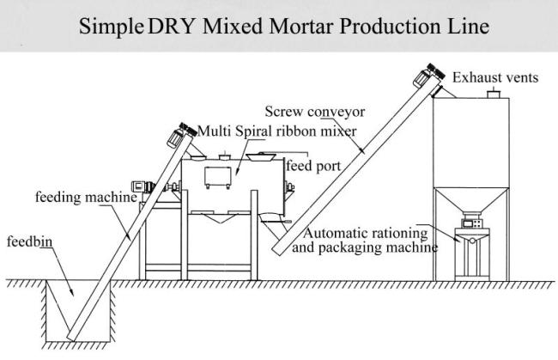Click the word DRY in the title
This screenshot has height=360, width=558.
tap(171, 26)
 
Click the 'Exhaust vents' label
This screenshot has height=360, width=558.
tap(495, 77)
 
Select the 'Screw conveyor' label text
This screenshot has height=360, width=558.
tap(314, 112)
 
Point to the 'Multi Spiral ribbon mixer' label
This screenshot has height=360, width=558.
tap(276, 131)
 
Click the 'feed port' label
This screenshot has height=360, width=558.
tap(313, 166)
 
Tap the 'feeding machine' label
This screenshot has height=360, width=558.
tap(86, 197)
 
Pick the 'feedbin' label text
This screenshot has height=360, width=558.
tap(29, 241)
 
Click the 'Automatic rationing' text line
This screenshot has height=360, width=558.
tap(365, 233)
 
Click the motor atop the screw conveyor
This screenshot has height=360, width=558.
tap(428, 75)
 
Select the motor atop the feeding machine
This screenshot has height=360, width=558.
tap(181, 135)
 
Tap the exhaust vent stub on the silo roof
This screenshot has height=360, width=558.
tap(494, 95)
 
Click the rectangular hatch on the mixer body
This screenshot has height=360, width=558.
tap(218, 177)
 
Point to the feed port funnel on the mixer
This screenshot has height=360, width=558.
tap(262, 156)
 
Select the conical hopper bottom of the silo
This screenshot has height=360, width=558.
tap(471, 200)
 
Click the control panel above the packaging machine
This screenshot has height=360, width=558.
tap(472, 223)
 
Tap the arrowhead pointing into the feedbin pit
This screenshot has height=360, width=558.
tap(71, 292)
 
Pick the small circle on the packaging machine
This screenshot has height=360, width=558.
tap(472, 241)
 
